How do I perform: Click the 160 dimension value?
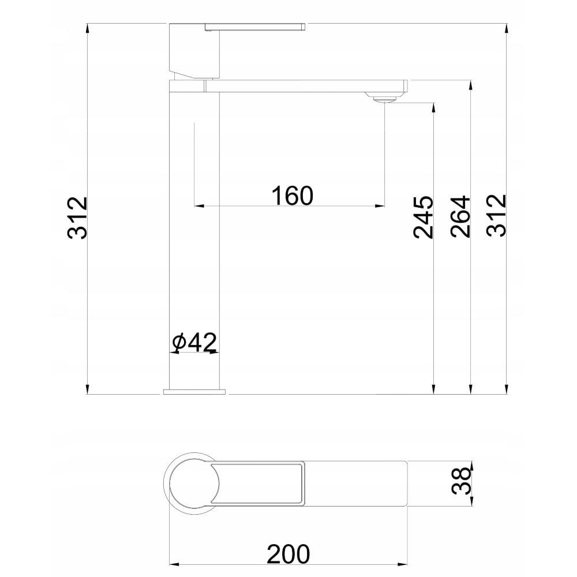pos(292,196)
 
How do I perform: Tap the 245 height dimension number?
pos(423,217)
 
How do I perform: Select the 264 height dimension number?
pos(460,216)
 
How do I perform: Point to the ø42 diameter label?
pos(194,342)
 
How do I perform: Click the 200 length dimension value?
pos(288,554)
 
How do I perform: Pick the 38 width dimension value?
pos(461,481)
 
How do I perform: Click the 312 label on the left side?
pos(78,218)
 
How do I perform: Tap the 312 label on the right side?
pos(496,215)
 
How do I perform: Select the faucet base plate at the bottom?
pos(194,392)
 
